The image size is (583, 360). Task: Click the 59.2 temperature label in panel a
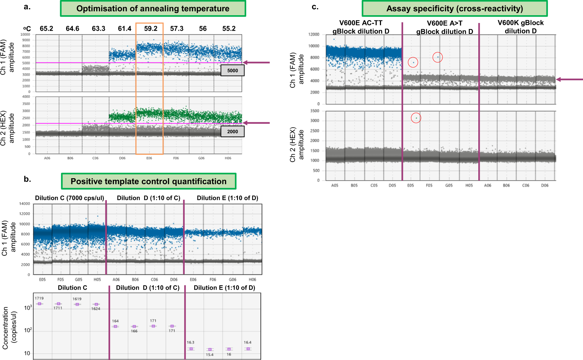pos(151,29)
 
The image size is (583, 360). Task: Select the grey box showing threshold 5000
pos(232,70)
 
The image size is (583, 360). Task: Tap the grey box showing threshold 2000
pos(232,132)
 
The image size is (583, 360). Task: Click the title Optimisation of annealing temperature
pos(153,8)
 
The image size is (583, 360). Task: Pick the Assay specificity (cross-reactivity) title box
pos(455,8)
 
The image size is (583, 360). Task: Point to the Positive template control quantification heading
pos(149,181)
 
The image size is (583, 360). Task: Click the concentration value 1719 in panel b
pos(39,298)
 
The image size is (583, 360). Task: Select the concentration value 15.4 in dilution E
pos(210,354)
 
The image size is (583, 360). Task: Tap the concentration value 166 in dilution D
pos(134,331)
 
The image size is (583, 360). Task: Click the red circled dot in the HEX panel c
pos(416,118)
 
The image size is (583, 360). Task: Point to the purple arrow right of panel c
pos(570,80)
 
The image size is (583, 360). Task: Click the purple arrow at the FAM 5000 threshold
pos(256,63)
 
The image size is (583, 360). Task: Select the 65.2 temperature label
pos(46,29)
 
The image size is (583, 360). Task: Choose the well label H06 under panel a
pos(228,158)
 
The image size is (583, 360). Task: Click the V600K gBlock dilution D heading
pos(520,27)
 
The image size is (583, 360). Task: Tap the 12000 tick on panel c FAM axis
pos(314,34)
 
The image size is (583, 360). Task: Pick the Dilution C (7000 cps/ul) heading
pos(69,198)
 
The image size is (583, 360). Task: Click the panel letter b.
pos(27,179)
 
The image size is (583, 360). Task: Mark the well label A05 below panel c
pos(335,185)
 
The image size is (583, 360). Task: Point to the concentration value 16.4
pos(248,342)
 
